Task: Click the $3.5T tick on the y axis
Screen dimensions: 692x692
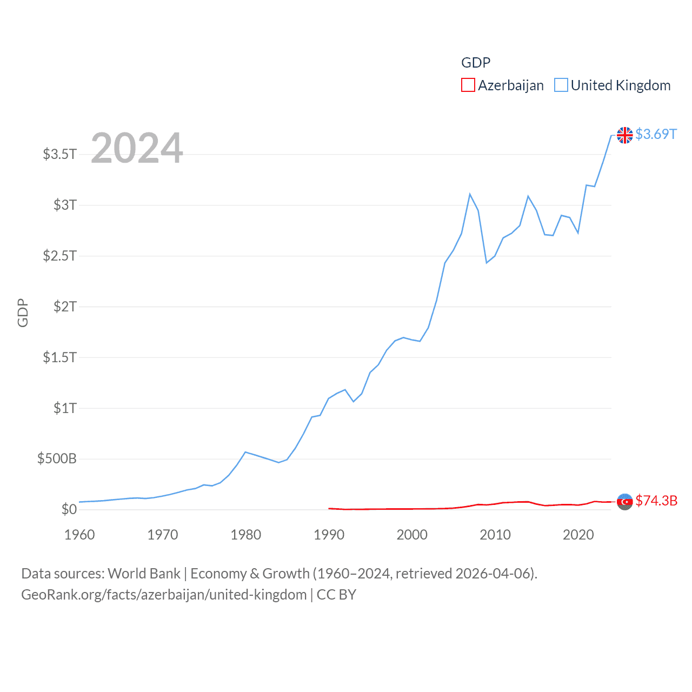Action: pyautogui.click(x=60, y=154)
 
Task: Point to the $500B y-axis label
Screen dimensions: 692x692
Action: pyautogui.click(x=57, y=459)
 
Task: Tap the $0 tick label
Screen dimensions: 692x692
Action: pyautogui.click(x=69, y=510)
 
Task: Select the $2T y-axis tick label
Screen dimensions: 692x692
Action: pyautogui.click(x=65, y=307)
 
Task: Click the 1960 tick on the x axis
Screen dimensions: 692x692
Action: pyautogui.click(x=79, y=535)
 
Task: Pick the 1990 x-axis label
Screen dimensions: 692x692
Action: pyautogui.click(x=329, y=535)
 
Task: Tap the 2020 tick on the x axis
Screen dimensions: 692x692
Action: pyautogui.click(x=578, y=535)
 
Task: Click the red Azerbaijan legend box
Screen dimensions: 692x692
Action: pyautogui.click(x=468, y=85)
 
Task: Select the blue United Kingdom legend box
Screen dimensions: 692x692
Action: pyautogui.click(x=561, y=85)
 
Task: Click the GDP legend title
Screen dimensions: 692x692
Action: pyautogui.click(x=476, y=63)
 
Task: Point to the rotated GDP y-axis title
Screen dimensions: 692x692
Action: pyautogui.click(x=23, y=312)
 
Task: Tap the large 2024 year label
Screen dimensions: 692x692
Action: pyautogui.click(x=137, y=148)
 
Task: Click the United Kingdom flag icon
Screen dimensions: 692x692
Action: pyautogui.click(x=625, y=135)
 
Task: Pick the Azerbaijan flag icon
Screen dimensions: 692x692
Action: pyautogui.click(x=625, y=502)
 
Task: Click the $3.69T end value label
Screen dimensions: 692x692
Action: pyautogui.click(x=656, y=134)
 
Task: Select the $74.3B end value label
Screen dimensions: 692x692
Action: pyautogui.click(x=656, y=501)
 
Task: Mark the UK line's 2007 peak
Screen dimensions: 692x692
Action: pyautogui.click(x=470, y=194)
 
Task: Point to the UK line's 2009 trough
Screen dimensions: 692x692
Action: pyautogui.click(x=487, y=263)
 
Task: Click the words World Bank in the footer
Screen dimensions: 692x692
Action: pyautogui.click(x=144, y=574)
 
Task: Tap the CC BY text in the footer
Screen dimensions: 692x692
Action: pyautogui.click(x=336, y=595)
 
